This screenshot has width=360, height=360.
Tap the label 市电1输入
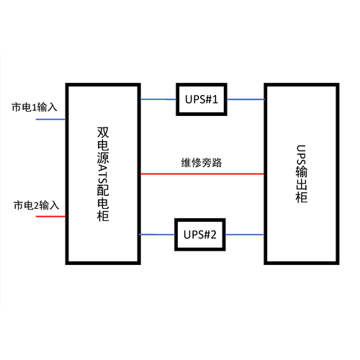click(x=35, y=107)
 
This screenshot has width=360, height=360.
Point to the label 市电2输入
click(x=36, y=205)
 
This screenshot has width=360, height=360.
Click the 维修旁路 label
click(x=202, y=163)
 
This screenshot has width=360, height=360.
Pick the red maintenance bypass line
click(x=202, y=174)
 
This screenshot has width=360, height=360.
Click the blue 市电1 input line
click(x=50, y=120)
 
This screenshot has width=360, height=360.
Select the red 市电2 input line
click(x=50, y=217)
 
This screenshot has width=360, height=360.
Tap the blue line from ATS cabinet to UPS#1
click(x=158, y=99)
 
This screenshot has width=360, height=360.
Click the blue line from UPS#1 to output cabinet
click(x=246, y=99)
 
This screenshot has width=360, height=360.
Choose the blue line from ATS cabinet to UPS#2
click(x=157, y=235)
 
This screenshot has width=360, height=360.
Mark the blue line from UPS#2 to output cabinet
click(x=245, y=235)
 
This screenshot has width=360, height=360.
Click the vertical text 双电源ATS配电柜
click(x=103, y=174)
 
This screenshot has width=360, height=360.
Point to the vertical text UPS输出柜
click(x=302, y=174)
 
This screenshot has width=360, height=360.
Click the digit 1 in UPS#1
click(x=215, y=99)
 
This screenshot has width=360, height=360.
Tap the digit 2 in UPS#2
click(x=213, y=235)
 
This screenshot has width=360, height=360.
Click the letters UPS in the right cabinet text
click(x=302, y=155)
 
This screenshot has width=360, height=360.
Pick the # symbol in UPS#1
click(x=208, y=99)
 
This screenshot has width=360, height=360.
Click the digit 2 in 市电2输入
click(x=36, y=206)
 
